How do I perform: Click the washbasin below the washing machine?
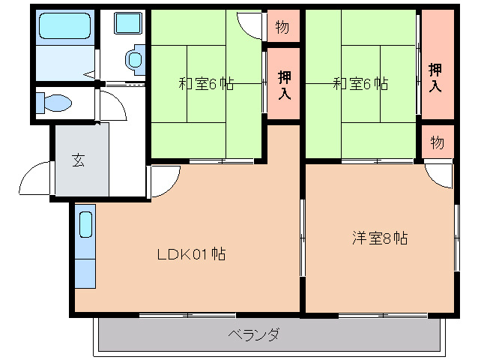pos(135,60)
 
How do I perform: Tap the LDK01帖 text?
pos(191,253)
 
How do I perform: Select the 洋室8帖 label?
pos(380,238)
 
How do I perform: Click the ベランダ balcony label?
pos(254,334)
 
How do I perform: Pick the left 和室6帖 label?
pos(206,83)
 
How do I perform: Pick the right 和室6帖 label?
pos(360,83)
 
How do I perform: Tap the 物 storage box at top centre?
pos(282,27)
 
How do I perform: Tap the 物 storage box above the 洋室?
pos(438,142)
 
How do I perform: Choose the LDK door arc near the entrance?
pos(165,180)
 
